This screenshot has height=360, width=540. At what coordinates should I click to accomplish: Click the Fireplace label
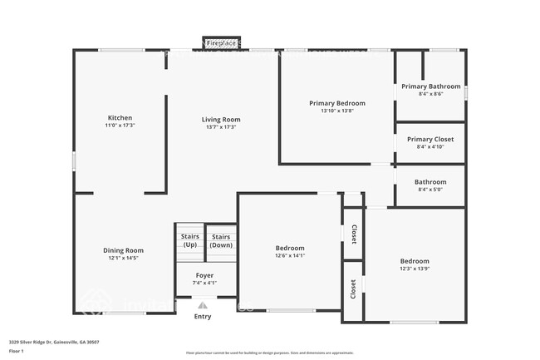[x=221, y=42]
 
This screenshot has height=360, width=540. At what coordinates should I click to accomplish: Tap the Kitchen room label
[x=120, y=118]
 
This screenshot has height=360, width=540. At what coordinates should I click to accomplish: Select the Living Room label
[x=221, y=120]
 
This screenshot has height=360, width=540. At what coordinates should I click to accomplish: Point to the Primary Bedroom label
[x=337, y=103]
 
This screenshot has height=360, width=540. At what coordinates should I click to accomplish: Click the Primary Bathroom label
[x=430, y=86]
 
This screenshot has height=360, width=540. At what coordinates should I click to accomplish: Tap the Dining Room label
[x=123, y=250]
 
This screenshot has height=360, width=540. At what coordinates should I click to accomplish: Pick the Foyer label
[x=204, y=275]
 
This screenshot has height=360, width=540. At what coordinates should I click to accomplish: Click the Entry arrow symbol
[x=203, y=305]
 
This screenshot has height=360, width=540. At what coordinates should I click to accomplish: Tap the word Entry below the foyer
[x=203, y=316]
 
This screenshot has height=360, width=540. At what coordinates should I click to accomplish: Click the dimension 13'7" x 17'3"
[x=221, y=126]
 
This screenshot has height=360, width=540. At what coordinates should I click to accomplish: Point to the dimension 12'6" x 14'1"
[x=290, y=255]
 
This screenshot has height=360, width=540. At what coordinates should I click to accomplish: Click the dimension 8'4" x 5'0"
[x=430, y=190]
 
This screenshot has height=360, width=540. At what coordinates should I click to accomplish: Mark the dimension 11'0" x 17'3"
[x=120, y=126]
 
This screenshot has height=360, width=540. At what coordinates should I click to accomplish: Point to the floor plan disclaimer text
[x=269, y=353]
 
